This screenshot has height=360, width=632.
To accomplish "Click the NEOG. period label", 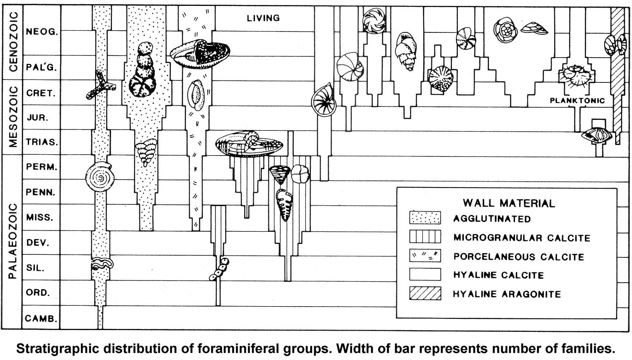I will [42, 32].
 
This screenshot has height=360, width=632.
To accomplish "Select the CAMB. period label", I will [41, 318].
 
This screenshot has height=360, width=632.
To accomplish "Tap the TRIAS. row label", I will [41, 142].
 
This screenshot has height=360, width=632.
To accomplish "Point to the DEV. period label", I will [38, 243].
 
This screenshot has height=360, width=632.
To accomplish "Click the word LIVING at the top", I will [263, 18].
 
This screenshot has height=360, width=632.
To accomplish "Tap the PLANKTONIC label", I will [577, 101].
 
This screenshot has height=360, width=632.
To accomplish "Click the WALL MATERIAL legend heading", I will [509, 203].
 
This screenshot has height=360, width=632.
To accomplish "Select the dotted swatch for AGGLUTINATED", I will [425, 218].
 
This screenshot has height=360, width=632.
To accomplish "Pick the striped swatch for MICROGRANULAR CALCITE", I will [425, 237].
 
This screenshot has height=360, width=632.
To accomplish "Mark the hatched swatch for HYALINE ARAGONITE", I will [425, 293].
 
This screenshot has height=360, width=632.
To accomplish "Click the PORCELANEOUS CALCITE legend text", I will [519, 257].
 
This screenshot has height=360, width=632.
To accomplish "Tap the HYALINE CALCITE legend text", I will [499, 275].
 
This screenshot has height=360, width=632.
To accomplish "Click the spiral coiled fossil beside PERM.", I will [100, 177].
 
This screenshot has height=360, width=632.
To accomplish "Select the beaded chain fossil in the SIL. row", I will [220, 270].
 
